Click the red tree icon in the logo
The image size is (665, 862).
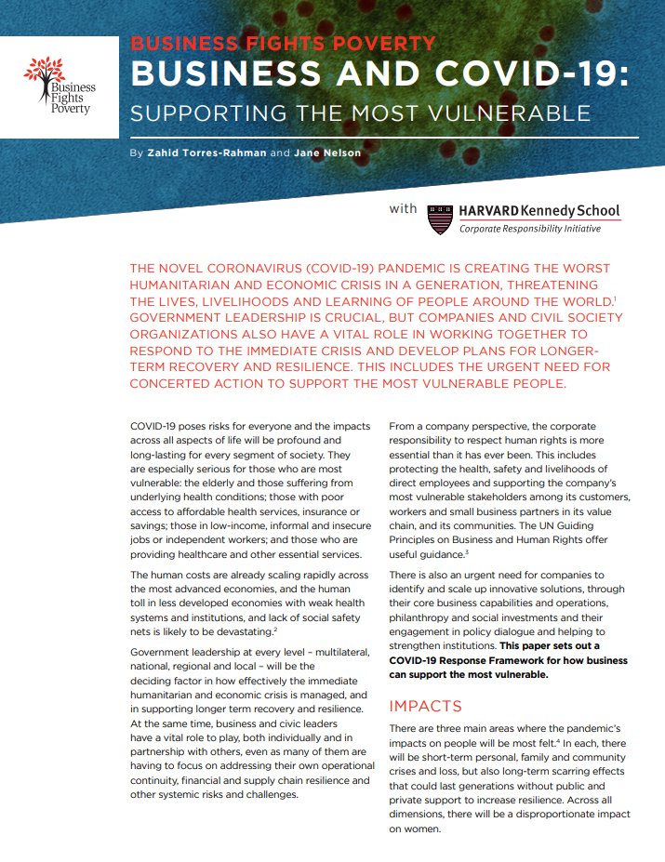pyautogui.click(x=45, y=72)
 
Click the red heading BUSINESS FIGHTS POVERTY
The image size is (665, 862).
pyautogui.click(x=283, y=44)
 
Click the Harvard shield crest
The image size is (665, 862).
pyautogui.click(x=439, y=219)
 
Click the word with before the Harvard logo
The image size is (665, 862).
pyautogui.click(x=404, y=208)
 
